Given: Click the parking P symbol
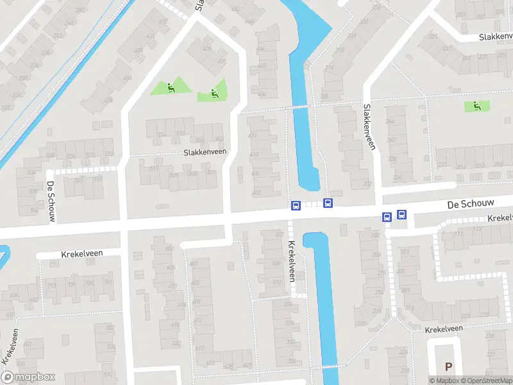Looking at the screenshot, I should [x=448, y=366].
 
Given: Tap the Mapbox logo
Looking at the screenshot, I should [x=28, y=377].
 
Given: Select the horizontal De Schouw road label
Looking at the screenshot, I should [x=471, y=203].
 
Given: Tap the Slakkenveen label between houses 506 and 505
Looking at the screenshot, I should [x=205, y=152].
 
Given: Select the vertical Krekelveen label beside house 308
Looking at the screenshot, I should [x=292, y=261].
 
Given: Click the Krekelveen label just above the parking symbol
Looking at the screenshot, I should [x=444, y=329].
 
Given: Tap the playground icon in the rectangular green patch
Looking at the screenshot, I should [x=476, y=106].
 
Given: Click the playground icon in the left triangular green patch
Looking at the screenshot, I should [x=170, y=87].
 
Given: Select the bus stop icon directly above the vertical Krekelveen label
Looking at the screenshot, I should [x=296, y=206].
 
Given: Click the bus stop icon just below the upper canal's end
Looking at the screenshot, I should [x=328, y=203].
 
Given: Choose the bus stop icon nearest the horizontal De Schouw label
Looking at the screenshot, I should [x=402, y=216].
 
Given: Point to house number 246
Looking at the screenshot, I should [x=390, y=121].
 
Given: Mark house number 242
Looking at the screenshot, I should [x=391, y=140].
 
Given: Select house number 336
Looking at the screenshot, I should [x=292, y=361].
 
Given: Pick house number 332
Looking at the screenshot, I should [x=290, y=341].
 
